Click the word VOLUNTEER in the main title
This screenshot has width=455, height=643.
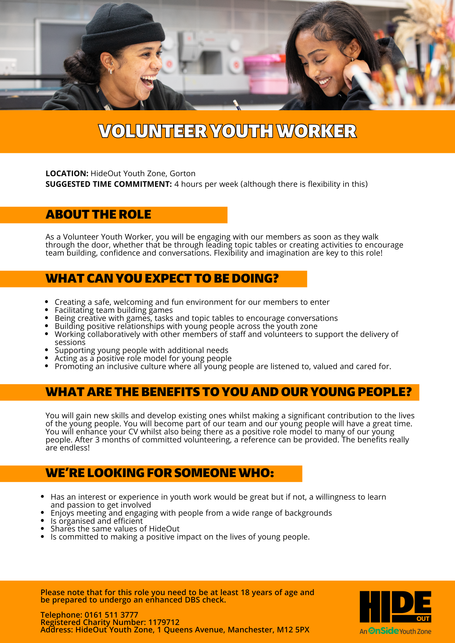pyautogui.click(x=153, y=131)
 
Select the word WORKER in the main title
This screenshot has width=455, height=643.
pyautogui.click(x=317, y=131)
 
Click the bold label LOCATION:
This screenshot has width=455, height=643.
pyautogui.click(x=67, y=174)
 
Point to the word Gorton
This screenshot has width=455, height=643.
pyautogui.click(x=182, y=174)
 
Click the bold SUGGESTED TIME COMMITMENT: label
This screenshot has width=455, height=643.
pyautogui.click(x=109, y=184)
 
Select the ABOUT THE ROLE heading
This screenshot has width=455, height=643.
pyautogui.click(x=98, y=214)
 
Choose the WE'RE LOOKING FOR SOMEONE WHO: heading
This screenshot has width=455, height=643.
pyautogui.click(x=160, y=473)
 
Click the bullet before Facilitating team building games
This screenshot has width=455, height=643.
pyautogui.click(x=47, y=310)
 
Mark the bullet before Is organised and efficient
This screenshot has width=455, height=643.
pyautogui.click(x=42, y=521)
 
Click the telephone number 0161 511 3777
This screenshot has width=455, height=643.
pyautogui.click(x=111, y=615)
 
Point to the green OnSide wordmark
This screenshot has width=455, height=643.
pyautogui.click(x=384, y=631)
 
